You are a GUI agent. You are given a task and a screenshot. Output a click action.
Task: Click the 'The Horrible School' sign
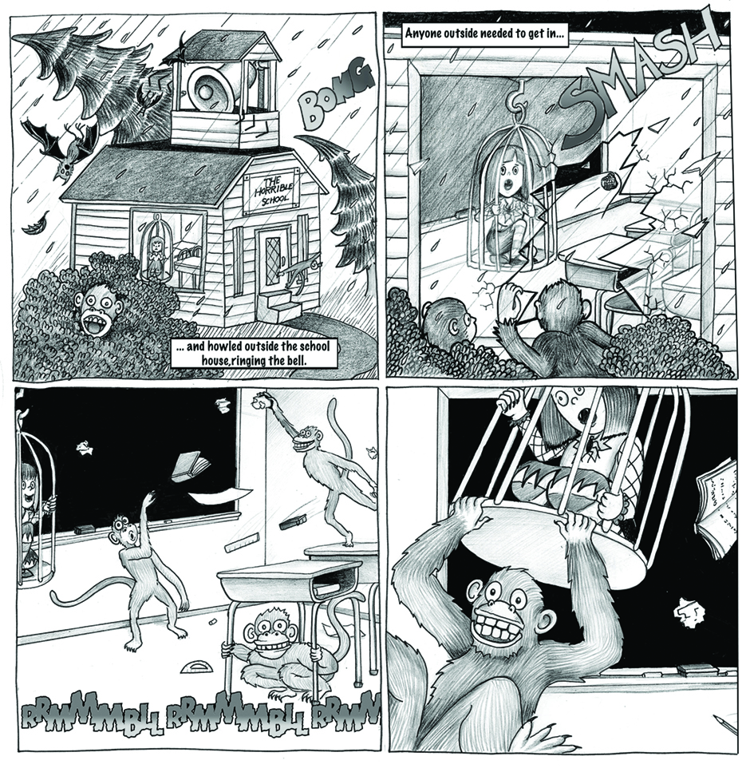coord(271,189)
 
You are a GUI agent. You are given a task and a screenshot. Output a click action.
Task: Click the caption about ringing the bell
coord(254,354)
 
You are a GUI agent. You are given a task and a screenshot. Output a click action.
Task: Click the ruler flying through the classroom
coord(240,542)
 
